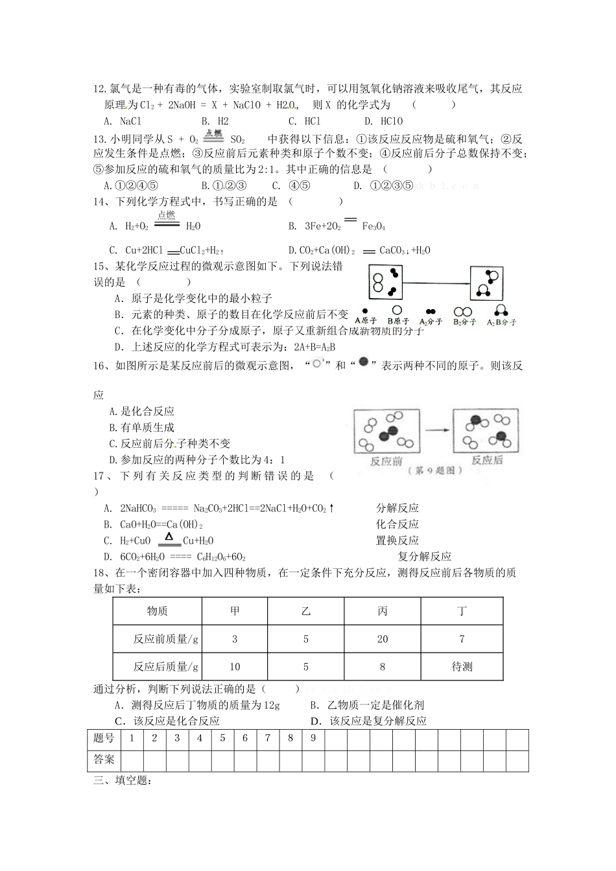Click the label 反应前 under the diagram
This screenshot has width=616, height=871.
tap(386, 461)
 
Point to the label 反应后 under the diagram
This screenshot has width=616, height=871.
tap(486, 460)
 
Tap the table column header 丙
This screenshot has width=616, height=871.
tap(383, 611)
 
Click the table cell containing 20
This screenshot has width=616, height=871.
tap(383, 639)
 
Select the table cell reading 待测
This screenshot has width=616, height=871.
tap(462, 666)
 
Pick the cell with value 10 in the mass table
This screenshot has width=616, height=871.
tap(235, 666)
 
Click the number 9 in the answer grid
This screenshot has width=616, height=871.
tap(313, 738)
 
